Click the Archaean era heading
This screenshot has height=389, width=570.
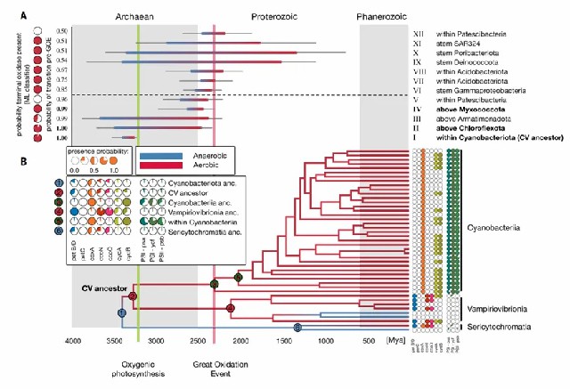[134, 16]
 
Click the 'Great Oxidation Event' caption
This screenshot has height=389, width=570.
[214, 370]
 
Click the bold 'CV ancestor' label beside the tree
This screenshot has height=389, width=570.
[98, 288]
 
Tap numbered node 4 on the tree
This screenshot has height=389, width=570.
[231, 308]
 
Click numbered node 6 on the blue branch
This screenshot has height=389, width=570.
[297, 328]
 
